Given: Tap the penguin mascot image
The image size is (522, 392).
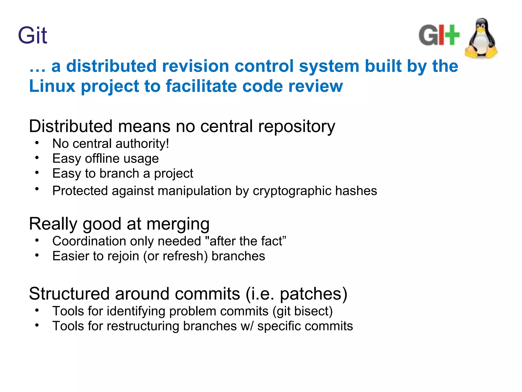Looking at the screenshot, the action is tap(481, 38).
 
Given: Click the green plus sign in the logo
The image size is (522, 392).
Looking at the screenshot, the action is tap(451, 35).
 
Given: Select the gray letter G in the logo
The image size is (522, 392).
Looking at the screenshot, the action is tap(428, 35).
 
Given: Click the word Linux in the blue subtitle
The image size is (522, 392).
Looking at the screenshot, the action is tap(52, 86).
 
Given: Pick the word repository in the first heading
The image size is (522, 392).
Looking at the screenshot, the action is tap(297, 127).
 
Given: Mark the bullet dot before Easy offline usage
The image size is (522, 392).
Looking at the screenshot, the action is tap(37, 158).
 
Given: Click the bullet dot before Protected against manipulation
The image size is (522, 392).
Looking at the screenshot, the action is tap(37, 189).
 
